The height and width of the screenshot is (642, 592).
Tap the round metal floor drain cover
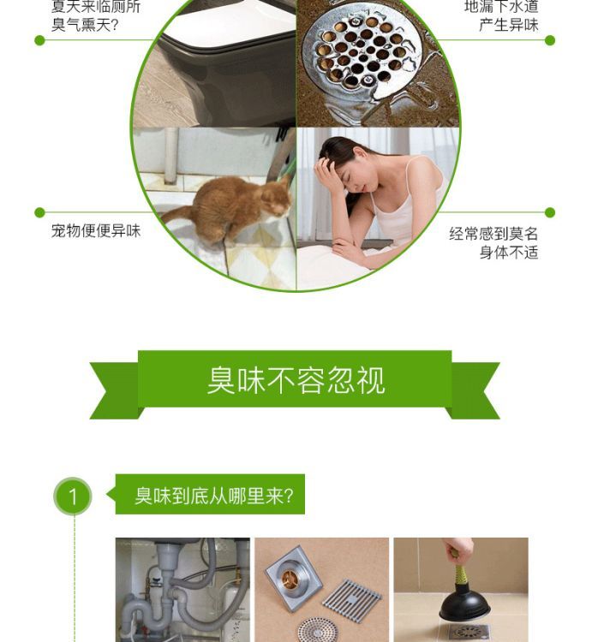coord(361,52)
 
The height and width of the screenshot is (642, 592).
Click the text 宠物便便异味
coord(96,231)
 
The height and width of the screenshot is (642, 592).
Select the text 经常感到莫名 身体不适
coord(493,243)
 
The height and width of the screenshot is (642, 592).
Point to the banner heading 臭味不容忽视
coord(296,380)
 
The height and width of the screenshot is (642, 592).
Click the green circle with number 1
coord(73,496)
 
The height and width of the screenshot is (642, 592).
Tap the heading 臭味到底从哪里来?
coord(214,496)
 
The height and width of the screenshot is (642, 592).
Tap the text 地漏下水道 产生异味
coord(501,15)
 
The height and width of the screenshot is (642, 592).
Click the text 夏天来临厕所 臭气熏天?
coord(96,15)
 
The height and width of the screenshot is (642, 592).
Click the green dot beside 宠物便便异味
coord(39,212)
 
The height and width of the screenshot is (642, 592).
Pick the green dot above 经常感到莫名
coord(550,212)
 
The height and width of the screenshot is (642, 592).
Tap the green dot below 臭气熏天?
coord(39,40)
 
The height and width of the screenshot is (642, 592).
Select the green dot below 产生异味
coord(550,40)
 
